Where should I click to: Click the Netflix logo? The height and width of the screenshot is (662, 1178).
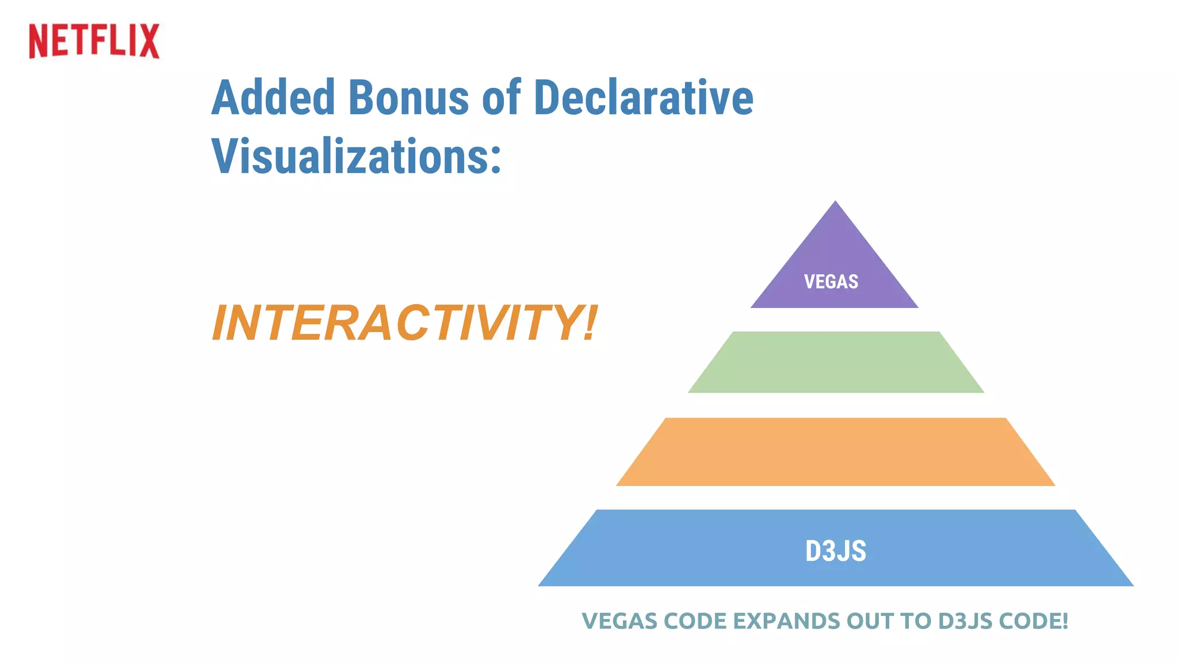point(94,41)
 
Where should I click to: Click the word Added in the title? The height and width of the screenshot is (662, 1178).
point(273,98)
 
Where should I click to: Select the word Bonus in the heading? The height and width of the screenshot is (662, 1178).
point(408,98)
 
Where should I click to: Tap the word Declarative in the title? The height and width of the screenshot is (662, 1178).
point(643,98)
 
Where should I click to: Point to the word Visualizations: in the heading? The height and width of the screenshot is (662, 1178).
point(356,156)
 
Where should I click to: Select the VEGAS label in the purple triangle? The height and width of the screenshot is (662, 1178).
point(831,282)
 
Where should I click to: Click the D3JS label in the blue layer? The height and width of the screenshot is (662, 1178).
point(835,551)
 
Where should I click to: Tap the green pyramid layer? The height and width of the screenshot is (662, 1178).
point(836,363)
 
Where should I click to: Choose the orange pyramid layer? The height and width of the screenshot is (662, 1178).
point(836,452)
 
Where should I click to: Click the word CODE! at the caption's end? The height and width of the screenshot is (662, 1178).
point(1033,621)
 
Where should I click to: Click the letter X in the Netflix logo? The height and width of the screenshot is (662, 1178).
point(148,41)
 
